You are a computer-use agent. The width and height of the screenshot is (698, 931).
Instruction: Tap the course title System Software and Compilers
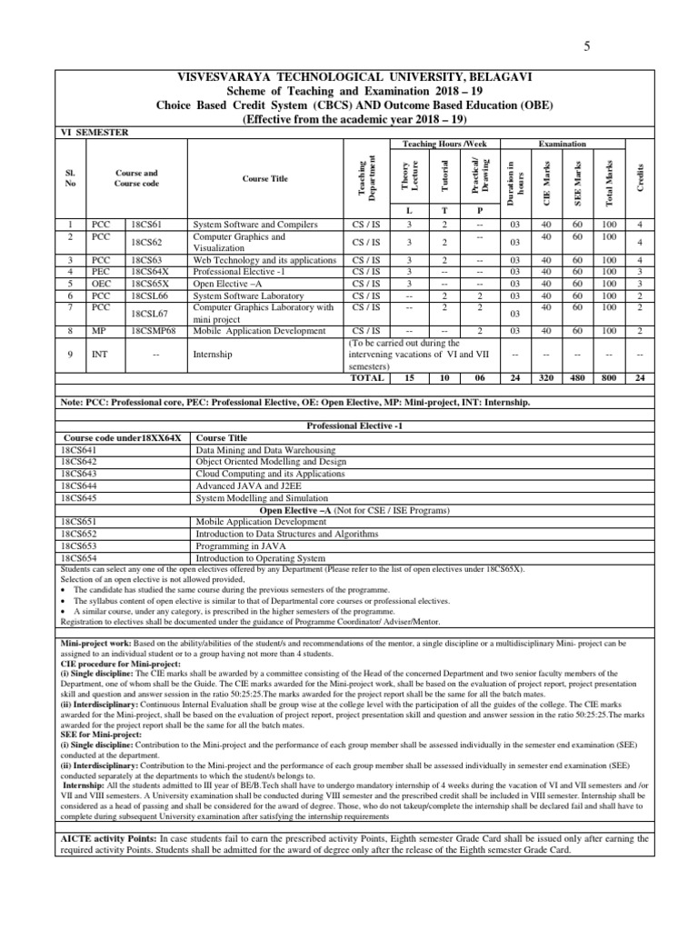[256, 224]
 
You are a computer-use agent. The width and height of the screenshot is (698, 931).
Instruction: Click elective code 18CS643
[84, 474]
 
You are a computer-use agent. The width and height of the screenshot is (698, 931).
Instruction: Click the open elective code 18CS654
[84, 558]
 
